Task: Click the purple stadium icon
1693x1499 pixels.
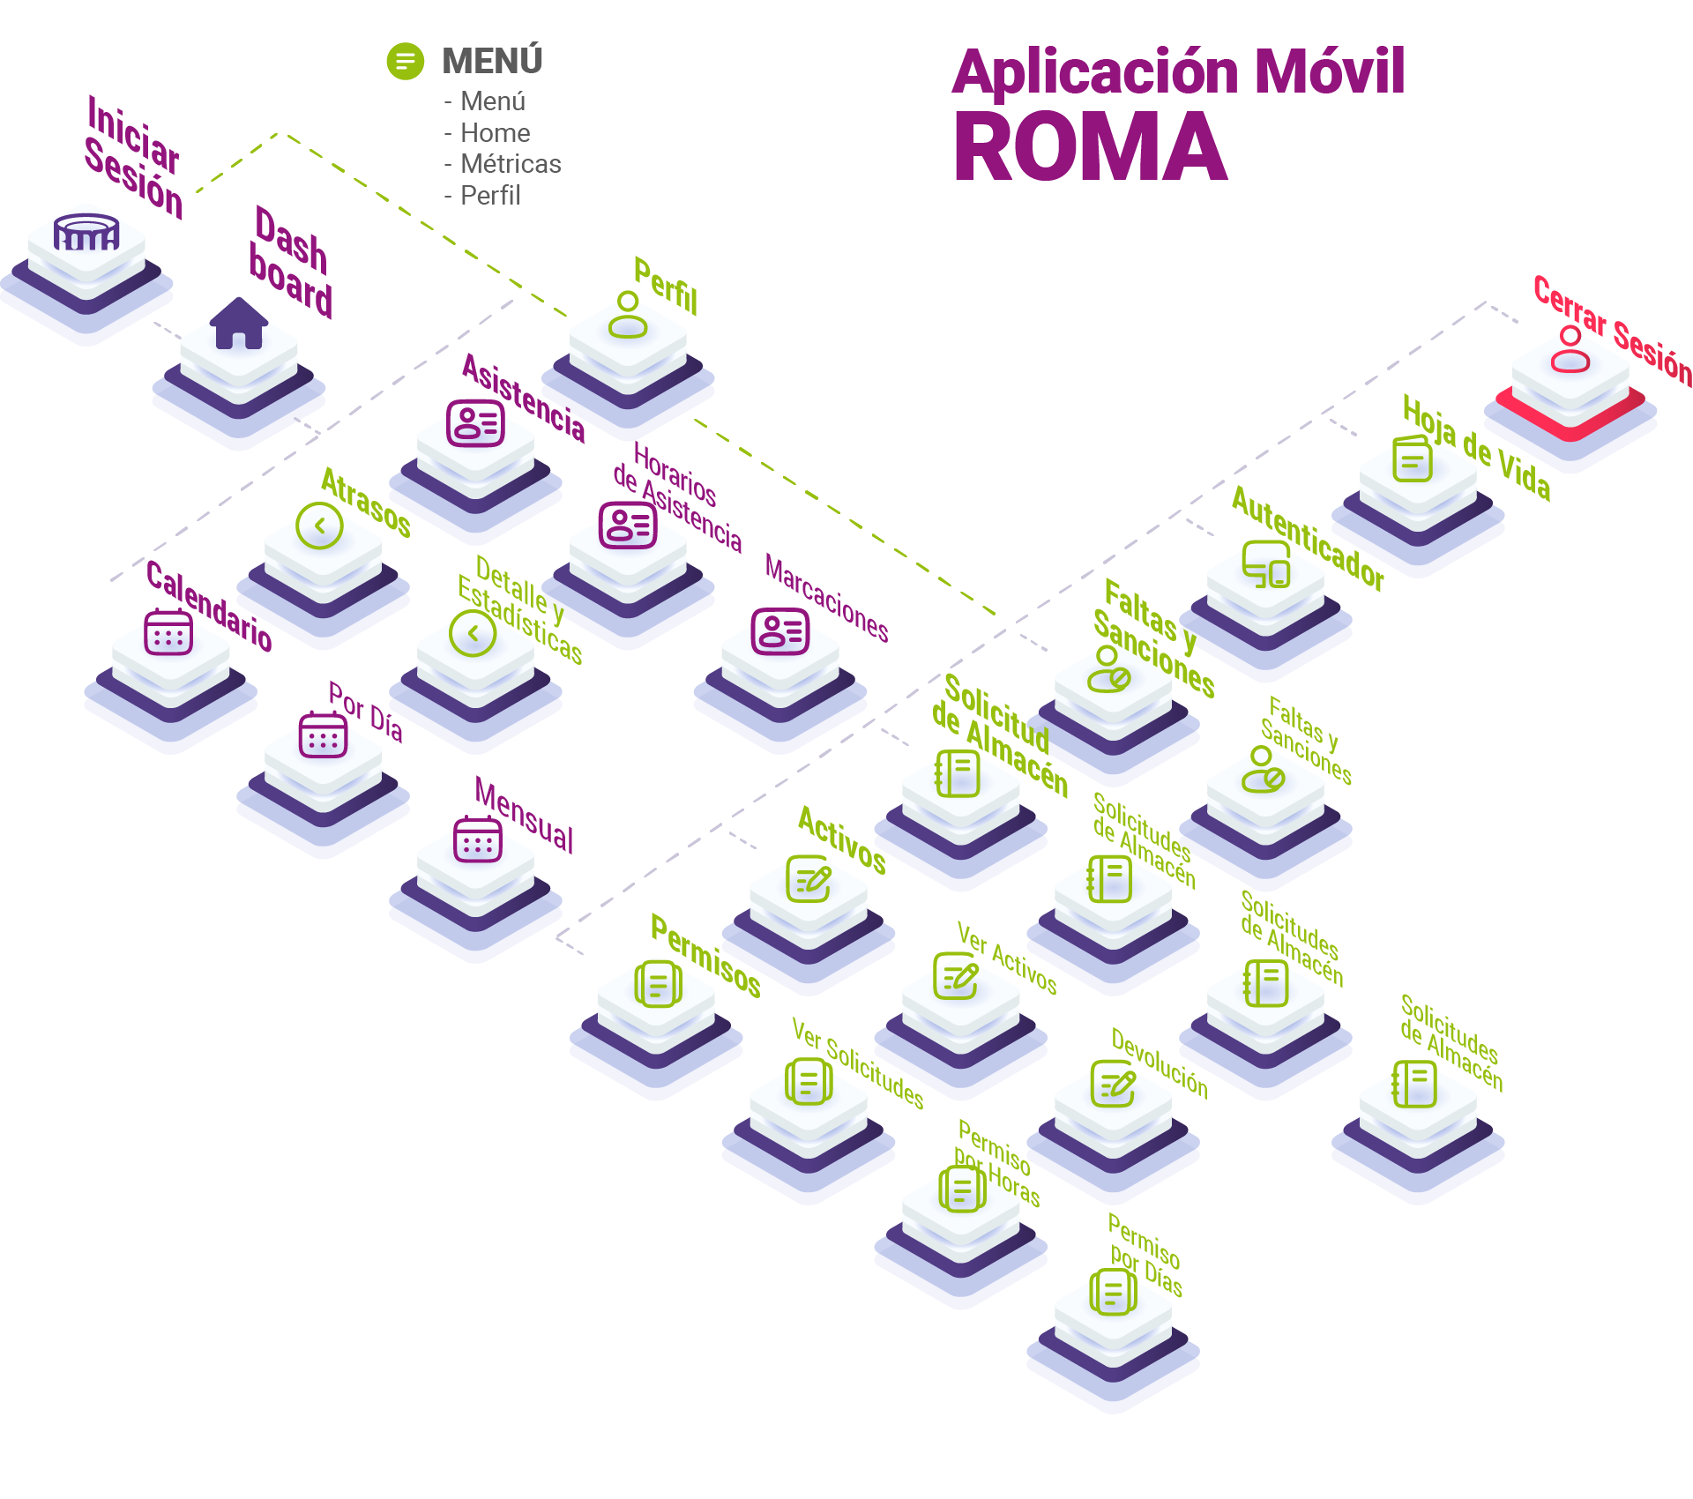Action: [86, 232]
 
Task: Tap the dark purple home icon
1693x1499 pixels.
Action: [239, 324]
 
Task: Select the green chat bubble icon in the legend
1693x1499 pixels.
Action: [405, 62]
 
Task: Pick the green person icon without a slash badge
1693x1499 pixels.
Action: [628, 318]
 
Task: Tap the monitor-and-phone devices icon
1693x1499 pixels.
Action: [1266, 564]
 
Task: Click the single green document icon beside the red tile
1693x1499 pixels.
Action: [1412, 459]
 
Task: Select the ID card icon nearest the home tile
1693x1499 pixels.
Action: [475, 425]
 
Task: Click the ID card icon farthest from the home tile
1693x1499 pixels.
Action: [779, 632]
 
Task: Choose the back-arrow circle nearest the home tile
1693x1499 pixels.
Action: [319, 526]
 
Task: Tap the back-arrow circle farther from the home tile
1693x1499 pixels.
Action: [473, 634]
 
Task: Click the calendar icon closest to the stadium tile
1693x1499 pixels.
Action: [168, 635]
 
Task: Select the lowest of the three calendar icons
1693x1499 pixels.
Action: [477, 841]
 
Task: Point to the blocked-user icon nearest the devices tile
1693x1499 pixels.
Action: [1109, 670]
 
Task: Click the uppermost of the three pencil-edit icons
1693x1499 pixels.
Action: [809, 879]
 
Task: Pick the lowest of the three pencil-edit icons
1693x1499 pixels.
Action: [1113, 1085]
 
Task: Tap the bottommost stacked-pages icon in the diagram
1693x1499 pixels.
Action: [1113, 1294]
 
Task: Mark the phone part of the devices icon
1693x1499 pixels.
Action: [1279, 574]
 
